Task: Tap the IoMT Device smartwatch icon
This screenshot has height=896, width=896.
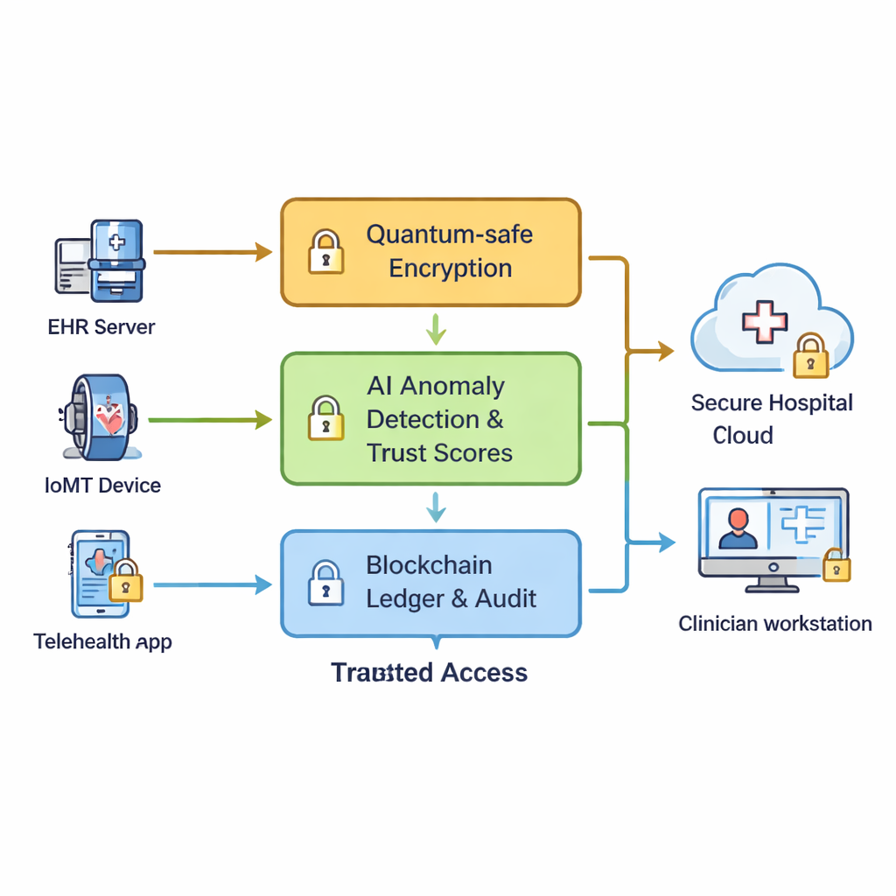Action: [x=98, y=416]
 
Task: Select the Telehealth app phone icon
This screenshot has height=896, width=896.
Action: [x=106, y=574]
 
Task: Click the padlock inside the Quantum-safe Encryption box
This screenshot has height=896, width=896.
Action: [x=325, y=251]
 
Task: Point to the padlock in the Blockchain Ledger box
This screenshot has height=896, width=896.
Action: [x=325, y=584]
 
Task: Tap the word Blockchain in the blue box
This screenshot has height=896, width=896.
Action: [x=429, y=565]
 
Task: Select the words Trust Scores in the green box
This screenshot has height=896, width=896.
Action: [x=439, y=452]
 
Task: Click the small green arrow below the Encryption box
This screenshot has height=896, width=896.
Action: [x=435, y=329]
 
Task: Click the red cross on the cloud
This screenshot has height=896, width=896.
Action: [x=764, y=320]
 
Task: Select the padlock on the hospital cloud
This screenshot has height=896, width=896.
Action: [x=810, y=356]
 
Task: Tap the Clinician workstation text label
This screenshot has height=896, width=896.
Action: [x=775, y=624]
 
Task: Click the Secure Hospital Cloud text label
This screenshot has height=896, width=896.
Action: [x=772, y=419]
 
